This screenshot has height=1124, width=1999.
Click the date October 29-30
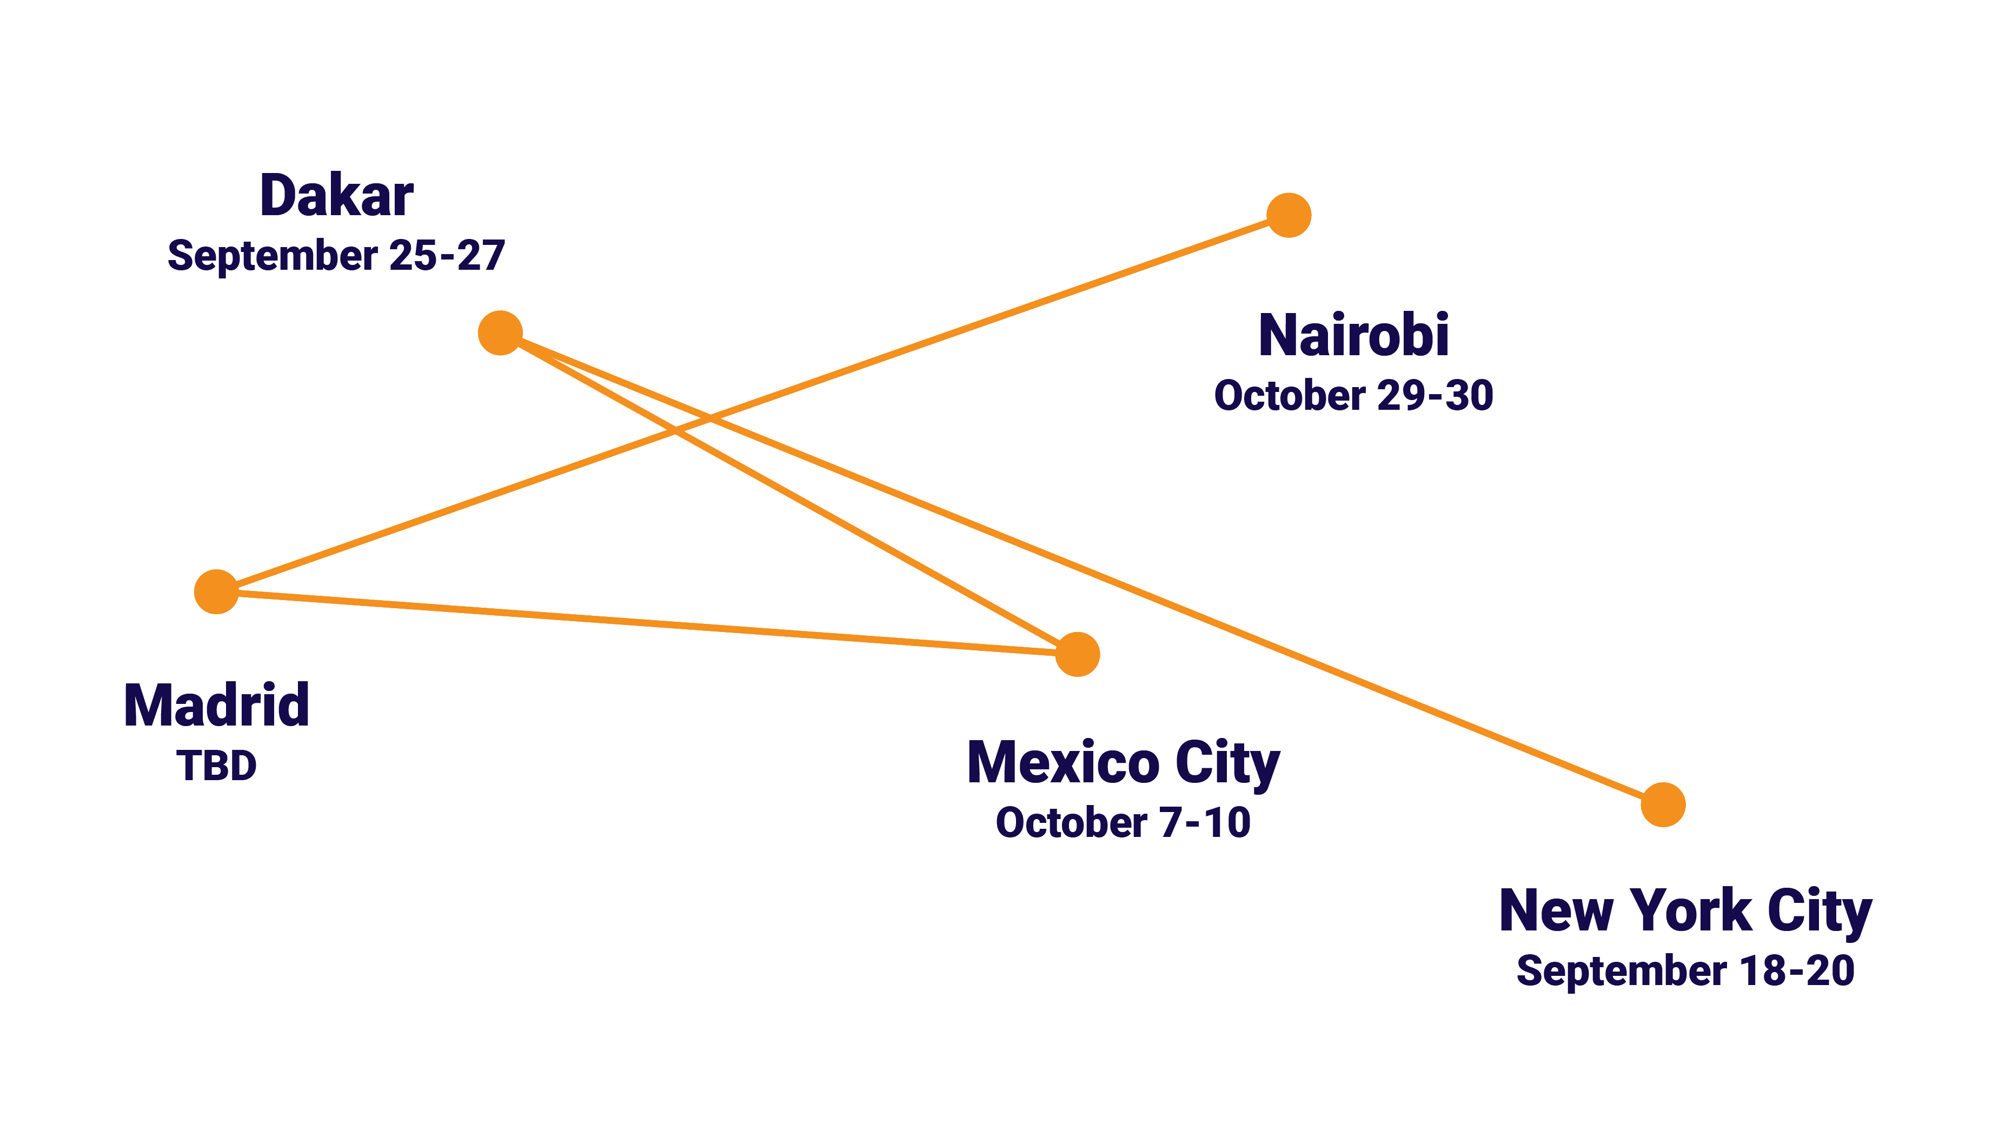pos(1353,396)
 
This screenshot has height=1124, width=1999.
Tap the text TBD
pos(216,766)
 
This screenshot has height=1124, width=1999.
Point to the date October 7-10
pos(1123,822)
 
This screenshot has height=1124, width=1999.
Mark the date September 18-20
pos(1685,970)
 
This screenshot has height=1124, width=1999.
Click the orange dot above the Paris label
pos(1288,215)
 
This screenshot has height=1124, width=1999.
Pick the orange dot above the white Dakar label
pos(1077,654)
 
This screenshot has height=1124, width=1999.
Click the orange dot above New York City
pos(1663,804)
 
